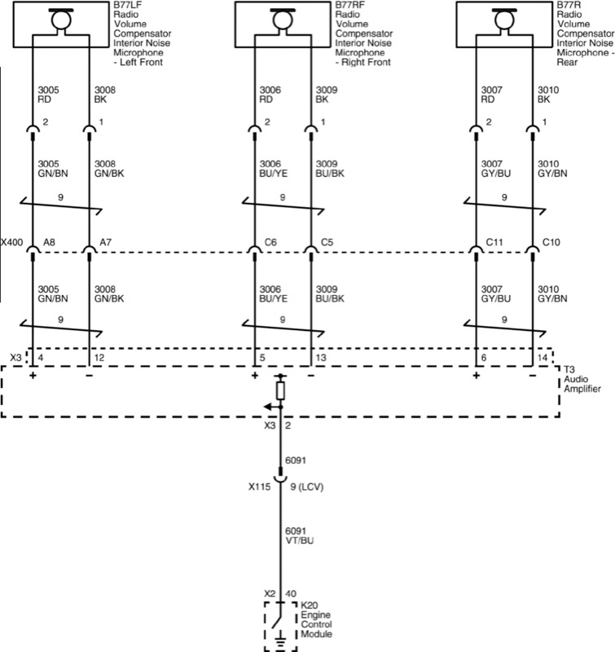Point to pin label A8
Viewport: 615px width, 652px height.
click(x=49, y=242)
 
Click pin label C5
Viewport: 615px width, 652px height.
click(x=327, y=242)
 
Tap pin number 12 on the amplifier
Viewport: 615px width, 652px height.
click(x=100, y=357)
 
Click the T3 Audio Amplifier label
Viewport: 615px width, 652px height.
click(x=583, y=379)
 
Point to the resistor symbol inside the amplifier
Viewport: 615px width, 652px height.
click(x=281, y=391)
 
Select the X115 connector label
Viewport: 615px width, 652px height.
click(x=261, y=488)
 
